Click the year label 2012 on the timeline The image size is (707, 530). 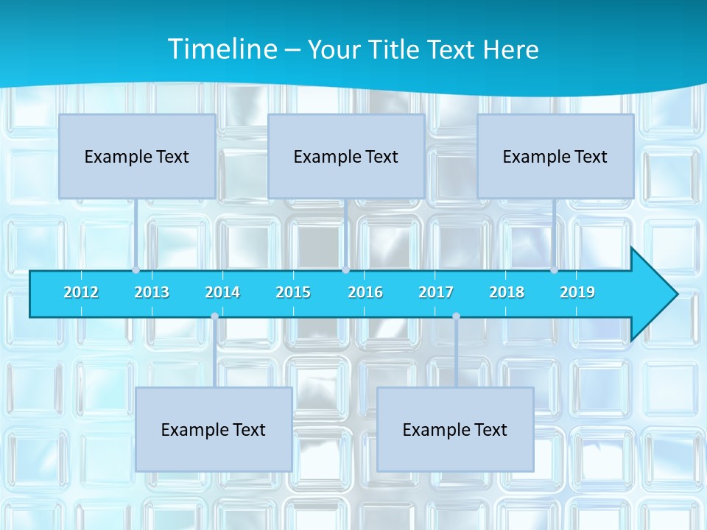81,292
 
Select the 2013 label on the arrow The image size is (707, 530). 152,292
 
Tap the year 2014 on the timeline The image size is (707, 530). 222,292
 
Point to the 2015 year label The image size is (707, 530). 293,292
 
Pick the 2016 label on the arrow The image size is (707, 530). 365,292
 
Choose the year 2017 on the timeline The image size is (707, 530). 436,292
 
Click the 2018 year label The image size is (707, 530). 507,292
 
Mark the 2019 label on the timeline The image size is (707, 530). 577,292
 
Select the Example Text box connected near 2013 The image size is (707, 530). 137,156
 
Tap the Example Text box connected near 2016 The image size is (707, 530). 346,156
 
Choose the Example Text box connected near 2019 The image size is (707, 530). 555,156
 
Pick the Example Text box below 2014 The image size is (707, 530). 214,429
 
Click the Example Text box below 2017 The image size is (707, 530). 455,429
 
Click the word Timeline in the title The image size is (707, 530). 222,49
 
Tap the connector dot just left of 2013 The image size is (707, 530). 136,270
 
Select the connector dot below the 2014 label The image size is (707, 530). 214,316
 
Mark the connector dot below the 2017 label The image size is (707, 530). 456,316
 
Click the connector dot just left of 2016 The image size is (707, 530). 345,270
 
